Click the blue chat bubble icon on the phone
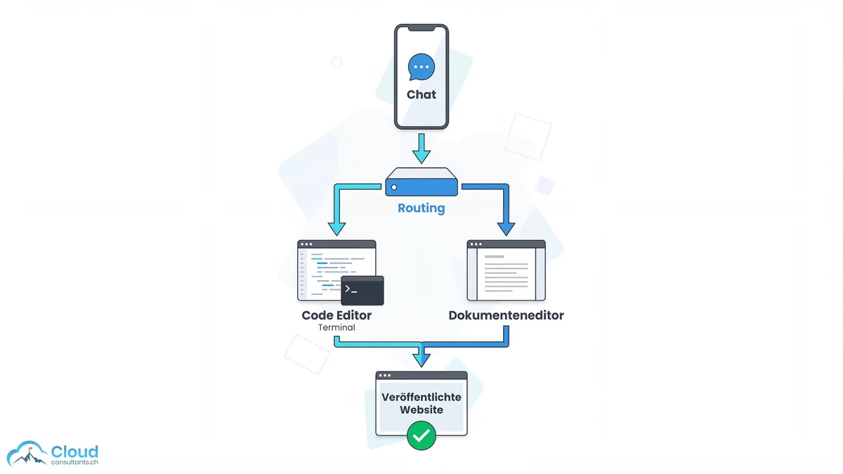click(x=421, y=67)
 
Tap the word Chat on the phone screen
click(x=421, y=95)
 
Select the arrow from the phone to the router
click(x=421, y=147)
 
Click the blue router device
click(x=421, y=182)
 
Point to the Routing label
click(x=421, y=209)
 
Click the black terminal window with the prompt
click(x=362, y=291)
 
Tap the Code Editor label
click(x=336, y=315)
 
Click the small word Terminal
click(x=336, y=328)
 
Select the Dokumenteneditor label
click(x=506, y=315)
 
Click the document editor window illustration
click(x=506, y=271)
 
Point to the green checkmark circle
click(x=421, y=435)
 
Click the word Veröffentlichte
click(x=421, y=397)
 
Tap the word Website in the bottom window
click(x=421, y=410)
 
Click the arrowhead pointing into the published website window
click(x=421, y=359)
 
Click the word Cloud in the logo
click(x=74, y=451)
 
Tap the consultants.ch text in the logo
click(x=74, y=463)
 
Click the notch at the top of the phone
click(x=421, y=29)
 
